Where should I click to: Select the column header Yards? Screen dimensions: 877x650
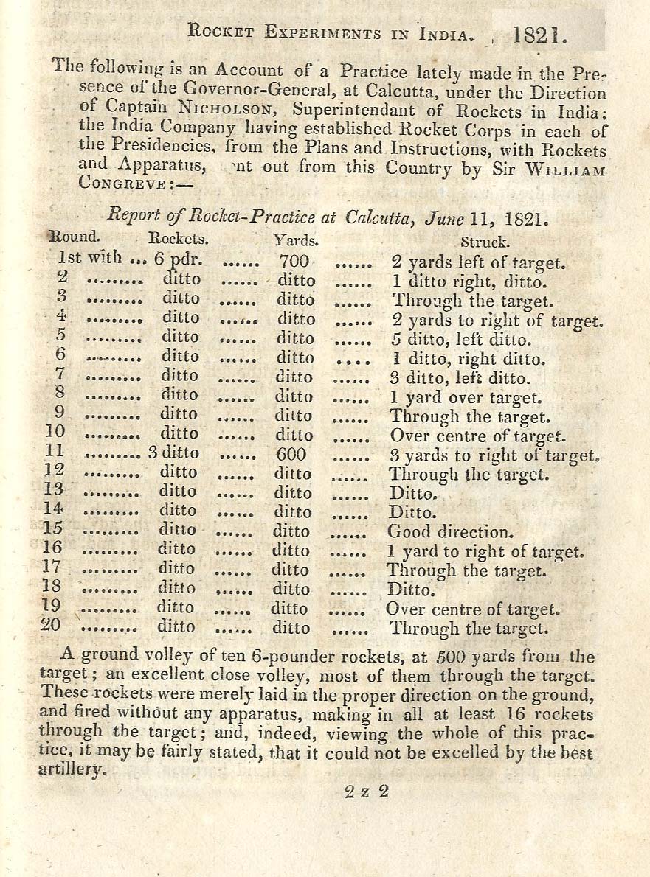tap(296, 240)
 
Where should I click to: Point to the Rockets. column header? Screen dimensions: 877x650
tap(179, 239)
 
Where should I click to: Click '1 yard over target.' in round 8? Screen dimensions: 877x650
tap(466, 398)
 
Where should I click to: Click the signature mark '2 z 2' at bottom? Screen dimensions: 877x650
tap(366, 793)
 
